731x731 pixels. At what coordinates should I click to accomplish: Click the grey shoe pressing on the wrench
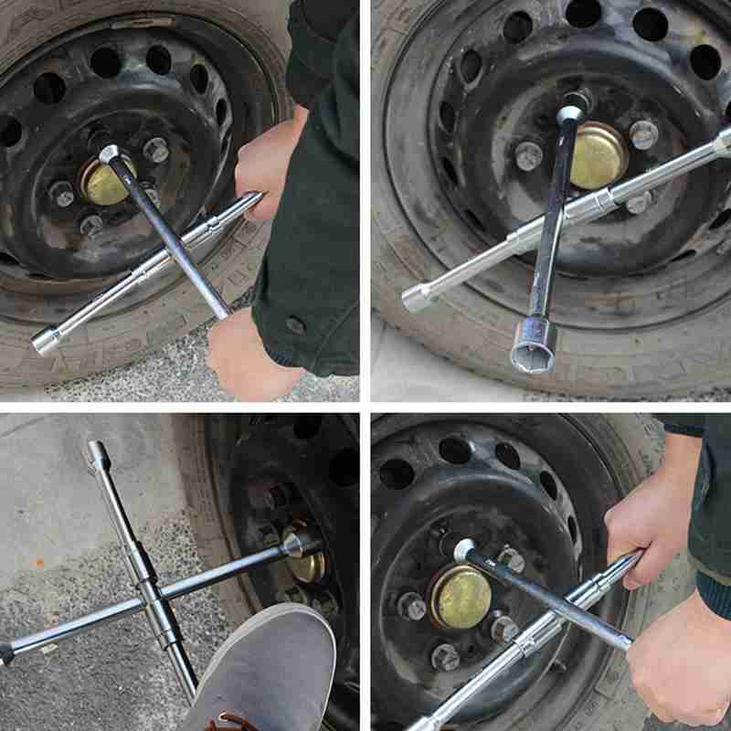[x=265, y=667]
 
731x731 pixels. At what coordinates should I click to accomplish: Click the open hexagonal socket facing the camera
[x=533, y=346]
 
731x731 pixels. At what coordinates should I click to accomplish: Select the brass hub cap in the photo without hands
[x=595, y=155]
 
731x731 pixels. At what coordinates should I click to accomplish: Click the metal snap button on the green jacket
[x=294, y=325]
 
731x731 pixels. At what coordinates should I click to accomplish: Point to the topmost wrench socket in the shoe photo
[x=97, y=451]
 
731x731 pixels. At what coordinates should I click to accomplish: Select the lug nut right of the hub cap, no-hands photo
[x=643, y=134]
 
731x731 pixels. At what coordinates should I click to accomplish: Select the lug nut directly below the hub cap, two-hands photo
[x=445, y=657]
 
